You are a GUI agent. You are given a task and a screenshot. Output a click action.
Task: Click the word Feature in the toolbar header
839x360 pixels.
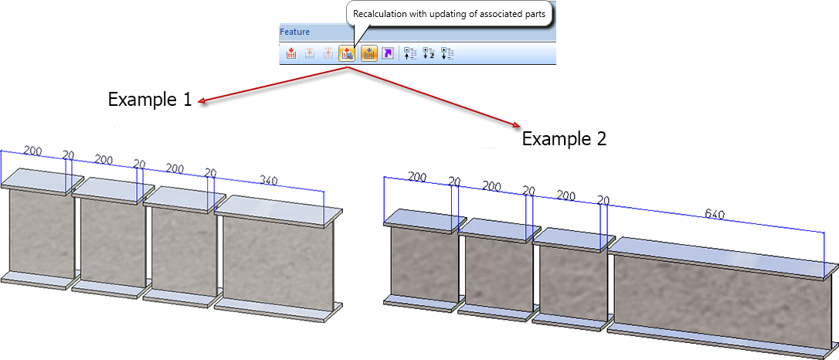click(295, 32)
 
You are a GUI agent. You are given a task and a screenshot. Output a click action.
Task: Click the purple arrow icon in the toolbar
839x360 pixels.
click(388, 53)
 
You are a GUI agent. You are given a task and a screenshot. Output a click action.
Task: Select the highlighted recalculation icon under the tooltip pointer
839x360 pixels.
click(348, 53)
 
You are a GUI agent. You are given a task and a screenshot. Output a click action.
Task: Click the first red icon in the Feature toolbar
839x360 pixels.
click(291, 53)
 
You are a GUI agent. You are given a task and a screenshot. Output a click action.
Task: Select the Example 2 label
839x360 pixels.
click(564, 139)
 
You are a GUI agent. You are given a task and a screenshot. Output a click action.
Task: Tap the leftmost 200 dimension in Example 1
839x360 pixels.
click(33, 150)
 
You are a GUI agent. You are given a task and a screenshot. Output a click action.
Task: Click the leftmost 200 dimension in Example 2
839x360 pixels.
click(417, 177)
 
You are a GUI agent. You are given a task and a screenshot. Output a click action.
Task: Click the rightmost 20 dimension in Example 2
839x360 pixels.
click(603, 200)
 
